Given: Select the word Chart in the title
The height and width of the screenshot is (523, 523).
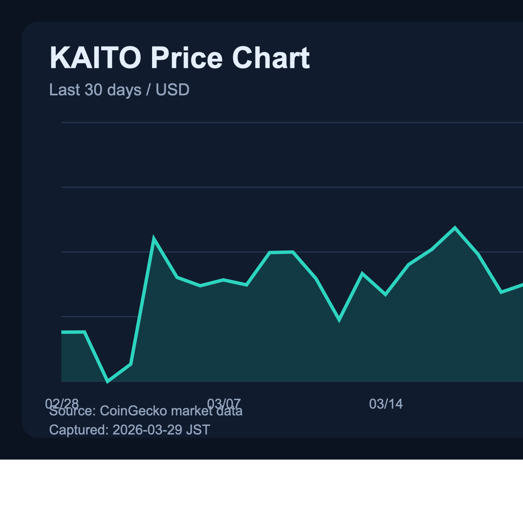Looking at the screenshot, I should (x=271, y=58).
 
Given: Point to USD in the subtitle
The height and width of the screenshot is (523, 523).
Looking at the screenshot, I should (x=173, y=90).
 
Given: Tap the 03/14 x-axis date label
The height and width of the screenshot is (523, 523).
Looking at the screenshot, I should (x=386, y=404).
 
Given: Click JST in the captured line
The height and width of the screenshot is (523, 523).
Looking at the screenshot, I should (x=198, y=430).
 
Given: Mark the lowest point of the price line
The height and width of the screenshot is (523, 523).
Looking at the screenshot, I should (x=108, y=382).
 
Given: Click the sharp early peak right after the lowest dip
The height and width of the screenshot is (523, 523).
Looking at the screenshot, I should (x=154, y=238).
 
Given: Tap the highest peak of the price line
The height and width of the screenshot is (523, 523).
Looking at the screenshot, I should (x=455, y=228).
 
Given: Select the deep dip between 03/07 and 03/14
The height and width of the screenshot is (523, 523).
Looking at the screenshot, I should (x=339, y=320).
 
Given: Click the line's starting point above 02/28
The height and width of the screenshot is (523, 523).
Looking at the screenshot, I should (x=62, y=332).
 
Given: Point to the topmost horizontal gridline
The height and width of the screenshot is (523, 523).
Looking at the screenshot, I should (x=292, y=123).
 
